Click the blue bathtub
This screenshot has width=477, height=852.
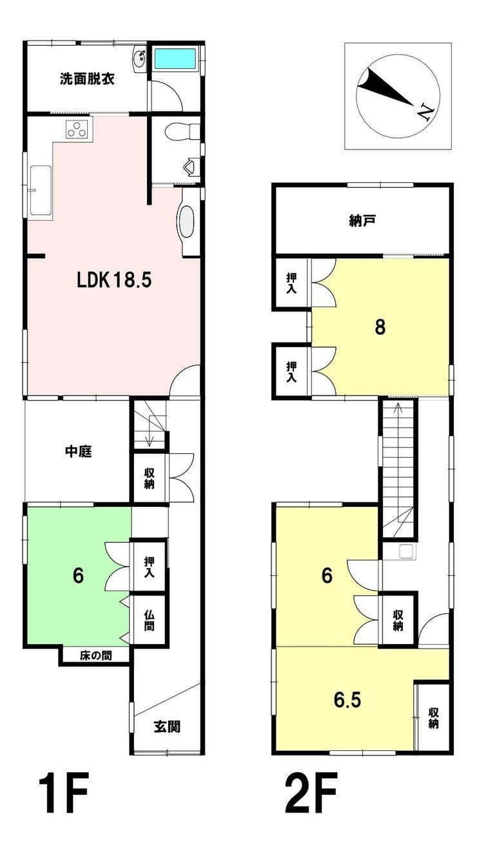[175, 58]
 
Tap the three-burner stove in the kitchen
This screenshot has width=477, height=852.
[79, 129]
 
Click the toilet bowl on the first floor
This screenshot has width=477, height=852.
[182, 131]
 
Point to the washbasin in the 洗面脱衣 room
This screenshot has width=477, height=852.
[140, 59]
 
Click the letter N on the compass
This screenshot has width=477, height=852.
[425, 112]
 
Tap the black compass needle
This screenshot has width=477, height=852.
[384, 86]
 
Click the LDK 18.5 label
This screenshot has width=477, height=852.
[114, 281]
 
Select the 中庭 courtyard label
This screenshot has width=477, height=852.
[79, 451]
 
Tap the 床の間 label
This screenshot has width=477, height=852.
[96, 656]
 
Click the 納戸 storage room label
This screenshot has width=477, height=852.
[362, 221]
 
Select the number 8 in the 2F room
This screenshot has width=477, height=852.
[380, 327]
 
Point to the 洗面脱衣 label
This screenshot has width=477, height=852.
[87, 79]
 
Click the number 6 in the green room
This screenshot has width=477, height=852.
[78, 576]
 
